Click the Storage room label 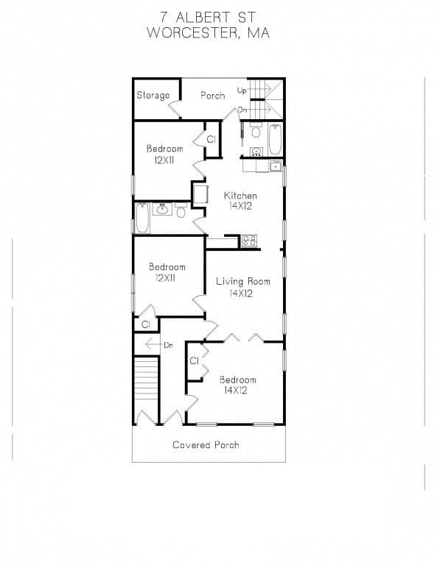pyautogui.click(x=153, y=96)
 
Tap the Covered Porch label pyautogui.click(x=206, y=445)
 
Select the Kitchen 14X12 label pyautogui.click(x=240, y=201)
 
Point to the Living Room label pyautogui.click(x=243, y=282)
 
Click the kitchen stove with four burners pyautogui.click(x=249, y=241)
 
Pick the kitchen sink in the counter pyautogui.click(x=276, y=166)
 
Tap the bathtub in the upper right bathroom pyautogui.click(x=275, y=139)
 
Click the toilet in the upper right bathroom pyautogui.click(x=256, y=130)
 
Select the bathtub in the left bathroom pyautogui.click(x=142, y=218)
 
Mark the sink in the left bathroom pyautogui.click(x=162, y=209)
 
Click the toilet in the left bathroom pyautogui.click(x=181, y=210)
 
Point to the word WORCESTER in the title pyautogui.click(x=192, y=33)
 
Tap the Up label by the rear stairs pyautogui.click(x=242, y=90)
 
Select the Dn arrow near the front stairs pyautogui.click(x=153, y=345)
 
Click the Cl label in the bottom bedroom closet pyautogui.click(x=194, y=360)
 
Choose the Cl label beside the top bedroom pyautogui.click(x=211, y=139)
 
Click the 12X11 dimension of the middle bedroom pyautogui.click(x=165, y=278)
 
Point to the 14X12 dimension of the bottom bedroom pyautogui.click(x=236, y=390)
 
